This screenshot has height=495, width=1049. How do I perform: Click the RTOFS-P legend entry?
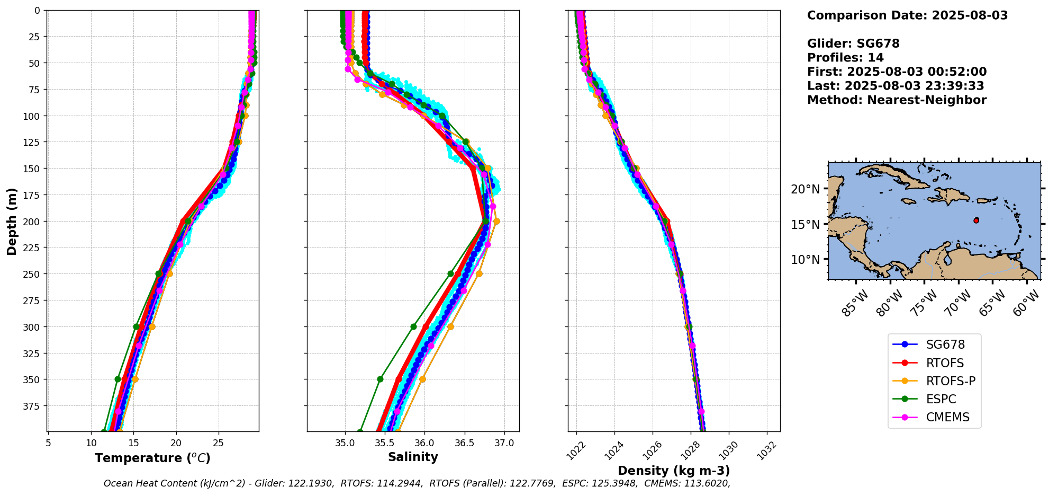[950, 381]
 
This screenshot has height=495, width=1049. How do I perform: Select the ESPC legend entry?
[941, 399]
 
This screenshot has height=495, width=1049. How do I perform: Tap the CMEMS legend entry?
[947, 417]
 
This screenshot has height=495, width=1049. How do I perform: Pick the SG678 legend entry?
[945, 344]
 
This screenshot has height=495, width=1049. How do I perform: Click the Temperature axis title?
[152, 458]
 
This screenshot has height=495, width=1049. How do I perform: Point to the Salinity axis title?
[413, 457]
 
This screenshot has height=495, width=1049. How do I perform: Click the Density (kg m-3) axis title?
[674, 471]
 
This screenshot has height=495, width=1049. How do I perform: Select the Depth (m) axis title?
[12, 221]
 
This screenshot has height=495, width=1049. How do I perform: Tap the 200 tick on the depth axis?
[33, 222]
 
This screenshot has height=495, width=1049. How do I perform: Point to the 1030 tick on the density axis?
[729, 449]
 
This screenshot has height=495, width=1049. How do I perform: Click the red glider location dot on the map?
[976, 220]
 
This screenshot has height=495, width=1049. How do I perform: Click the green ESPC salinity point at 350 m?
[380, 379]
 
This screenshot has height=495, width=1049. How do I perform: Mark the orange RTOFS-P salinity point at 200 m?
[496, 221]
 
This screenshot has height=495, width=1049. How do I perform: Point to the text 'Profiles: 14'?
[845, 58]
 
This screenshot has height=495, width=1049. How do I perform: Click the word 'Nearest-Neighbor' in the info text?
[926, 100]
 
